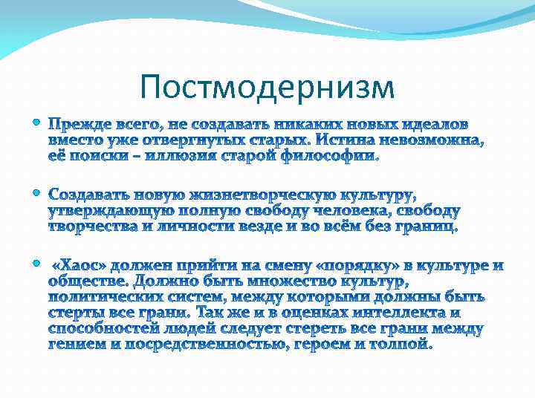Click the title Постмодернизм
267,87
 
